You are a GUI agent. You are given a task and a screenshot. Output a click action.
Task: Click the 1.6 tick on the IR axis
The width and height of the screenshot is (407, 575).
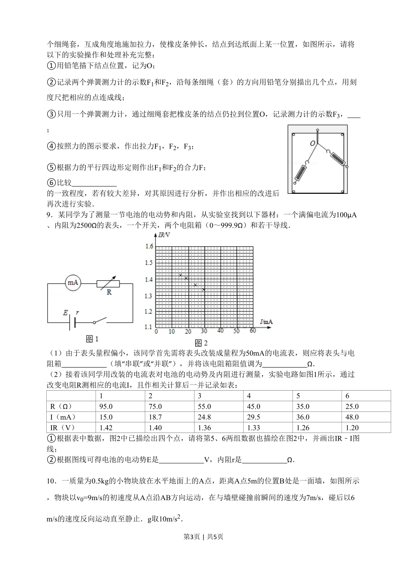(149, 246)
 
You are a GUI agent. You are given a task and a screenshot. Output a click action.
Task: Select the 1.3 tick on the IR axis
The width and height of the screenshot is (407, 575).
(149, 296)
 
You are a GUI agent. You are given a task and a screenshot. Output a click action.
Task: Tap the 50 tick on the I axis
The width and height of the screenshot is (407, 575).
(236, 331)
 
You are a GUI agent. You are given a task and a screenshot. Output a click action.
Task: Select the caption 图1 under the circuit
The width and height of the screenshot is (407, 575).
(92, 339)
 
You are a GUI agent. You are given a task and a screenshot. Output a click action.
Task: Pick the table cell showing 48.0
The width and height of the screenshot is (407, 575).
(352, 417)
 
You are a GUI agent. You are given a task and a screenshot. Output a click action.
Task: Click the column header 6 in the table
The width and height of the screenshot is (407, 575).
(347, 396)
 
